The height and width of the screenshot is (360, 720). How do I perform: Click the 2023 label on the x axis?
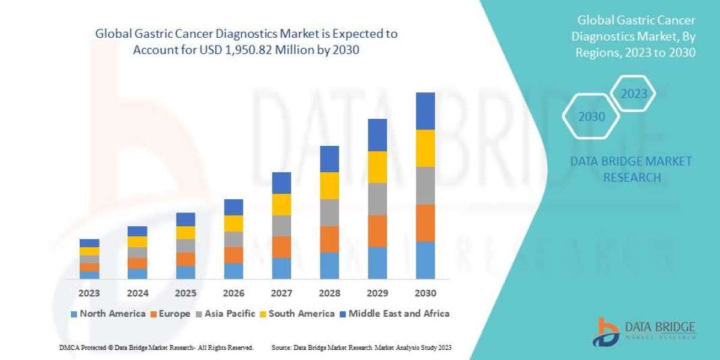(89, 293)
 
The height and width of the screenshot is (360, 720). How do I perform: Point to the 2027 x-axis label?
(281, 293)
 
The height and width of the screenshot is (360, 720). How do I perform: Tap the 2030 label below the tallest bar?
(425, 293)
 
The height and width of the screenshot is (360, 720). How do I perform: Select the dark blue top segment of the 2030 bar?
(425, 111)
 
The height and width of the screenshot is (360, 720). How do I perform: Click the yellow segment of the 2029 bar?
(377, 167)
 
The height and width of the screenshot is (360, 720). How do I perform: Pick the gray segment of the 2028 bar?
(329, 212)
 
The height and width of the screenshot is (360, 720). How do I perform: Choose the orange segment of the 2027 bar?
(281, 247)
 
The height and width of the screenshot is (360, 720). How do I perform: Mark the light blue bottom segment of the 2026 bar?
(233, 271)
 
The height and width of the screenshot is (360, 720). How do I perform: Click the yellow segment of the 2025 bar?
(185, 233)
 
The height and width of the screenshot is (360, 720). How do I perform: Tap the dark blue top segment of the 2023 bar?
(89, 243)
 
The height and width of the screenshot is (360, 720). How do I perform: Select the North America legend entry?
(107, 313)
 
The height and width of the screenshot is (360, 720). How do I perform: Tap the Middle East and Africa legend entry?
(395, 313)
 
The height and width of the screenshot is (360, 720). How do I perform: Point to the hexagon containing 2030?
(592, 116)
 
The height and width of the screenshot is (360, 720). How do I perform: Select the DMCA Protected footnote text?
(156, 347)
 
